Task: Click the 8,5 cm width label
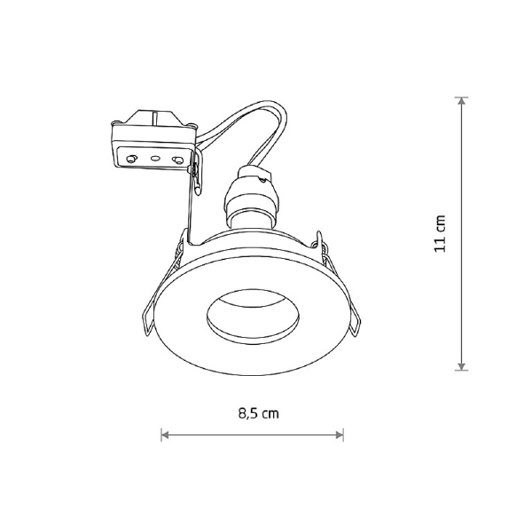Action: click(x=259, y=413)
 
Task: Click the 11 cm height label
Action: click(x=440, y=233)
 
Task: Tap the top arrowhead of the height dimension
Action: click(x=461, y=101)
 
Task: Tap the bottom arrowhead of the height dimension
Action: click(x=461, y=366)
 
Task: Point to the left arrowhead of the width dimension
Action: click(x=165, y=434)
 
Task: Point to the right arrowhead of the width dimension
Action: click(x=340, y=434)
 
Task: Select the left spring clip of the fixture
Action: click(x=159, y=288)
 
